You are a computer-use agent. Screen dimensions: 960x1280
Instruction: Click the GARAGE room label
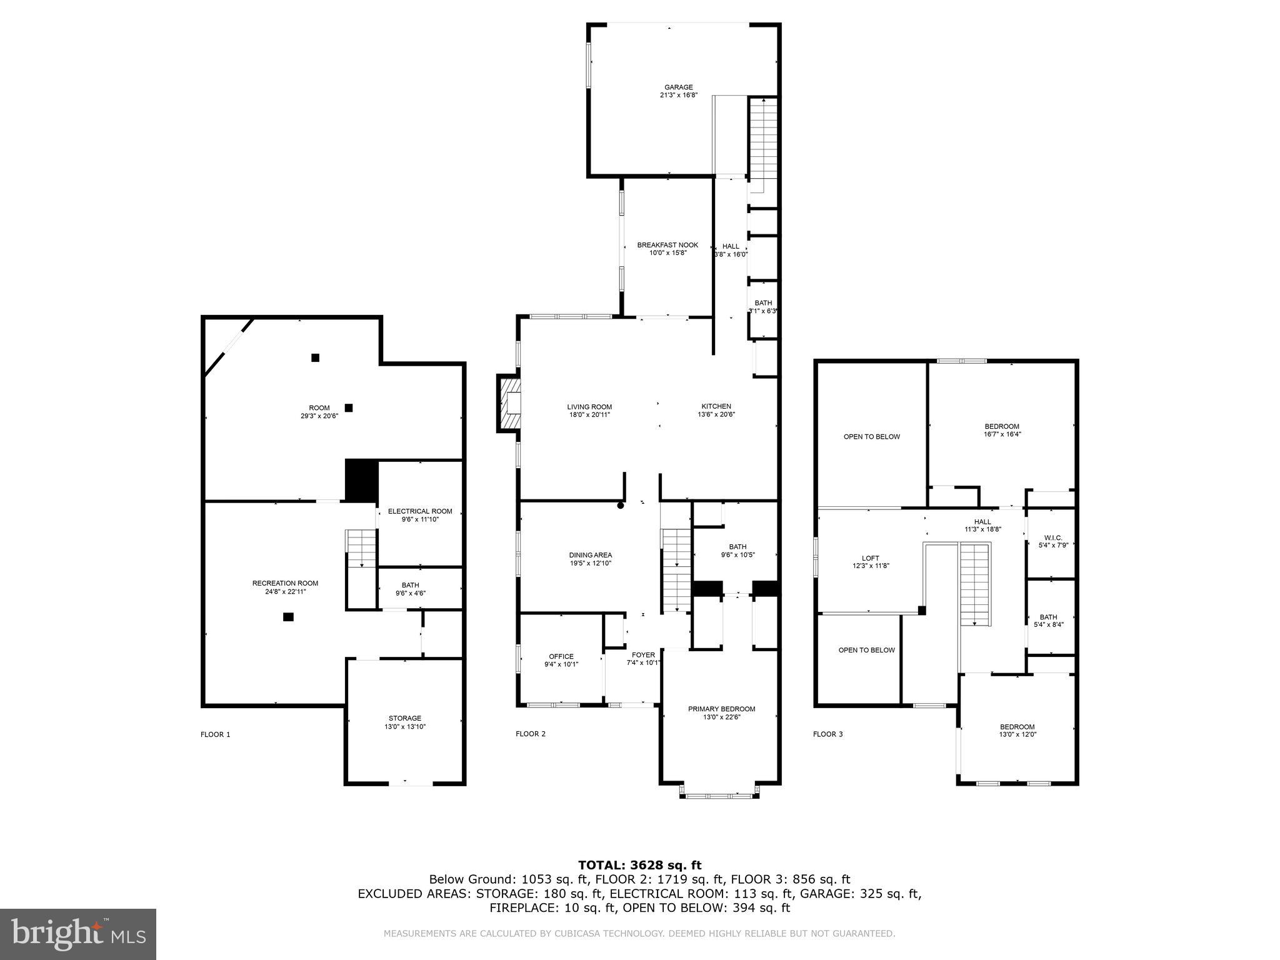point(678,87)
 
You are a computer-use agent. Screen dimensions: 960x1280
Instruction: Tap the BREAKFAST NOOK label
point(667,245)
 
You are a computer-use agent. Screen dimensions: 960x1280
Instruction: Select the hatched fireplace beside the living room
point(509,403)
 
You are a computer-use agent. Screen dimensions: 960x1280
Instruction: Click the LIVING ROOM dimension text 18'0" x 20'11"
point(589,415)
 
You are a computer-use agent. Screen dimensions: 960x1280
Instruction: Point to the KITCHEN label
point(716,406)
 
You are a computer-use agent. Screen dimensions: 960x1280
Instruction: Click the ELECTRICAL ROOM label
point(419,511)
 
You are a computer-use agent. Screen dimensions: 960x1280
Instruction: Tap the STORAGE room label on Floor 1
point(404,718)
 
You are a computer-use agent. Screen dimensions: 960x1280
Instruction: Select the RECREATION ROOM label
point(285,583)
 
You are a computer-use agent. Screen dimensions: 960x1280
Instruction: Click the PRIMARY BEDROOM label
point(721,709)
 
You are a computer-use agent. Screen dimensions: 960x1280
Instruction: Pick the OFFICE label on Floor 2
point(561,656)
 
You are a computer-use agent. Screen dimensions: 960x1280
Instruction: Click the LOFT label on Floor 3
point(870,558)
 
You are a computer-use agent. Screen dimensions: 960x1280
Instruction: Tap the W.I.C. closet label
point(1051,537)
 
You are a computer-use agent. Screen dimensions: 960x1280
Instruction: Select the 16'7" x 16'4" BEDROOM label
point(1001,427)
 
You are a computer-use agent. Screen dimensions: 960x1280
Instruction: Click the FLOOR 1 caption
point(215,734)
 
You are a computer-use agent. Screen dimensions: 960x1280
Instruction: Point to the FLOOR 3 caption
point(827,734)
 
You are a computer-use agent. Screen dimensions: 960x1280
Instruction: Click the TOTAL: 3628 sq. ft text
point(639,865)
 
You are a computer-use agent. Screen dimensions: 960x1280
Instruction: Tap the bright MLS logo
point(78,934)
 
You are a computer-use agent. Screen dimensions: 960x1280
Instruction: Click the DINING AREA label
point(590,555)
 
